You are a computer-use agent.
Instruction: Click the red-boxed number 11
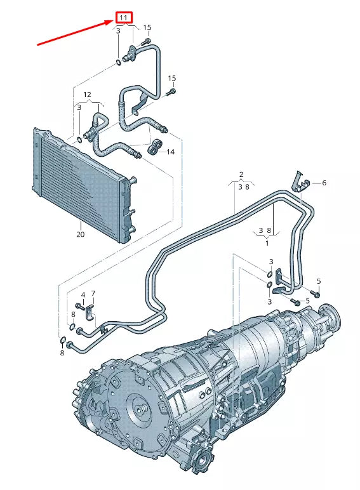point(123,18)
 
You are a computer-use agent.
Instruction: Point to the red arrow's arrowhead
point(111,22)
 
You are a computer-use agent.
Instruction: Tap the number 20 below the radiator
point(80,234)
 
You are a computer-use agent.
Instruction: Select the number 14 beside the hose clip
point(171,152)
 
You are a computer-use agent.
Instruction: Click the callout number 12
point(87,95)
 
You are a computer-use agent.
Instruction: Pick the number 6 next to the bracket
point(324,183)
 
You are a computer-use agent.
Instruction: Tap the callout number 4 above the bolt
point(83,295)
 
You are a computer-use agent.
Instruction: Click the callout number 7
point(93,293)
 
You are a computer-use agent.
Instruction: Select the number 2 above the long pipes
point(241,175)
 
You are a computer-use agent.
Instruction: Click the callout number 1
point(267,243)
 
